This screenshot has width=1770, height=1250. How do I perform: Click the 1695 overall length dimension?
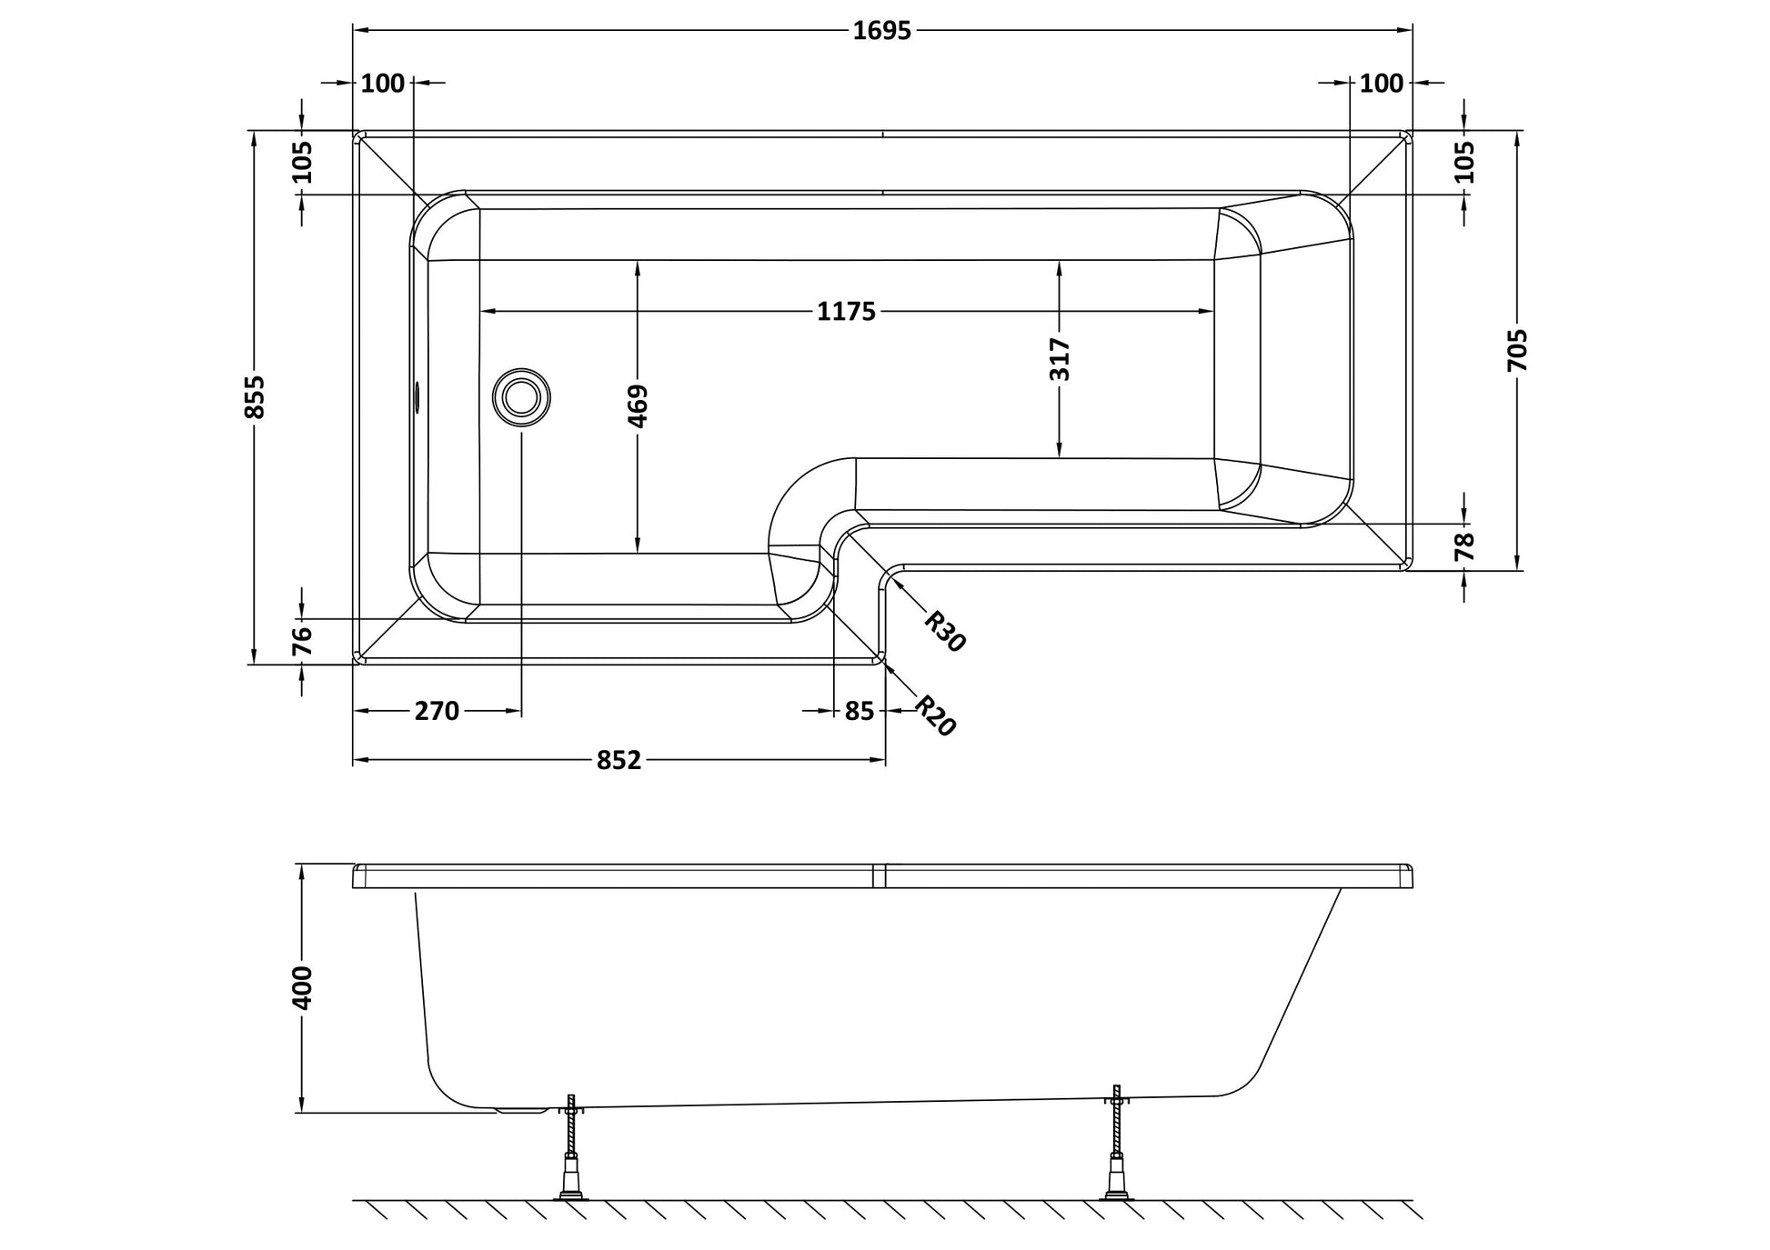point(881,31)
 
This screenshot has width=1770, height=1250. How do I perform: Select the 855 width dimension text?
point(256,397)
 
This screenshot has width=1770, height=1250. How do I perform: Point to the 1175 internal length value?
point(846,312)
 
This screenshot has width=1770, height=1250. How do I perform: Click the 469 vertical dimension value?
point(638,406)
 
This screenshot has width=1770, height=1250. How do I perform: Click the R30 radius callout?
point(944,631)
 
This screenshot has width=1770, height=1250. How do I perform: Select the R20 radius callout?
point(935,715)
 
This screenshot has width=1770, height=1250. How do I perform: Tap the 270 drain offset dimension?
point(437,711)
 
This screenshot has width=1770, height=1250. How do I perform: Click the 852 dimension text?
point(619,760)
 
